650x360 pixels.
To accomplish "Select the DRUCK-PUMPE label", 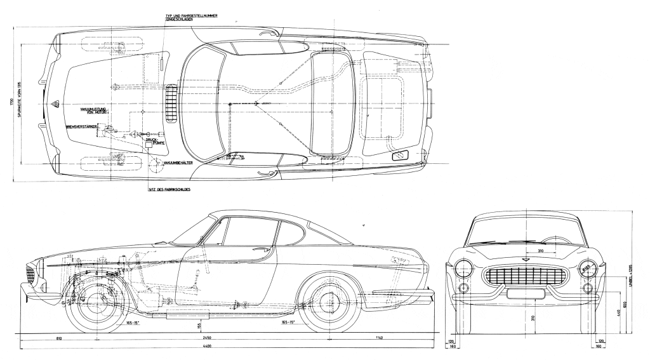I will [x=156, y=142].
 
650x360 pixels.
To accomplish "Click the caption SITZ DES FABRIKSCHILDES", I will [x=169, y=189].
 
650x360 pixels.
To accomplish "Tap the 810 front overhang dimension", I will [x=41, y=338].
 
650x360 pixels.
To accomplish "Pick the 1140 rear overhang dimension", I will [x=379, y=338].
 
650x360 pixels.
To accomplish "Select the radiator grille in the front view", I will [x=524, y=276].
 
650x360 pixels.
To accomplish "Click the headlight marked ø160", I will [x=588, y=267].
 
